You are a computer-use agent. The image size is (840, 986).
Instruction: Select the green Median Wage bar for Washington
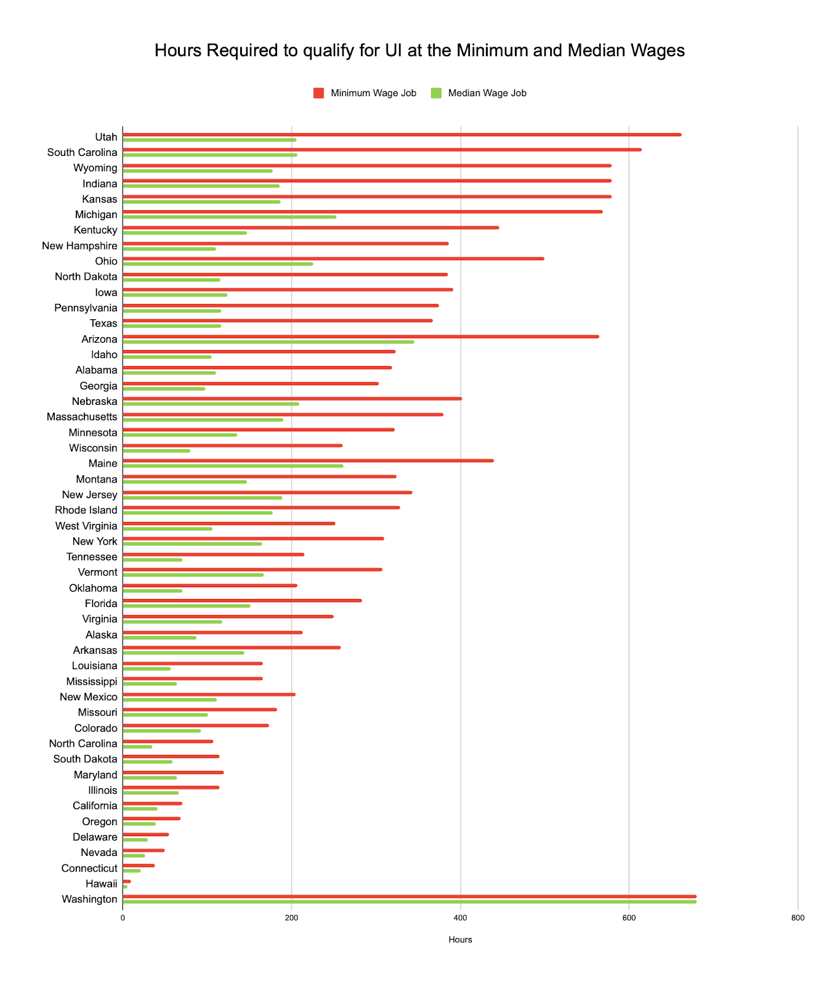click(410, 902)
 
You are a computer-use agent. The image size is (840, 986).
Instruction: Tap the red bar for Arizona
click(360, 336)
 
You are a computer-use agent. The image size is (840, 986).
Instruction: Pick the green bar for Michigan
click(229, 217)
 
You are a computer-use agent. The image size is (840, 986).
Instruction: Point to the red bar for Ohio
click(333, 259)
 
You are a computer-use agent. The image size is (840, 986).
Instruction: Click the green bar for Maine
click(233, 466)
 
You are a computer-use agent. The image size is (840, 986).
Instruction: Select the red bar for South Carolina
click(382, 150)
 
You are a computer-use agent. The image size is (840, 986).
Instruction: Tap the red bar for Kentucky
click(310, 227)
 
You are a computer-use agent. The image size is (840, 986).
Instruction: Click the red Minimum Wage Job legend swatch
click(318, 93)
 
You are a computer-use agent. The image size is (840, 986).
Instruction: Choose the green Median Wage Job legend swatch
click(436, 93)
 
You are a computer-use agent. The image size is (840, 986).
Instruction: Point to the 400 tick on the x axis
click(460, 918)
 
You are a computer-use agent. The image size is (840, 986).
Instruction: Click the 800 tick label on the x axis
click(798, 918)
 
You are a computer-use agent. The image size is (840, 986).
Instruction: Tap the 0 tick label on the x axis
click(123, 918)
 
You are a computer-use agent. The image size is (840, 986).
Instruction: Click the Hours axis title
click(460, 940)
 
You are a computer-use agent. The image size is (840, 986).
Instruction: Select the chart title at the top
click(419, 51)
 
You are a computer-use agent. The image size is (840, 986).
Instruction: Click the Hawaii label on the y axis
click(102, 884)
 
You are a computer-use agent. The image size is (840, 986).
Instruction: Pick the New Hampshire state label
click(79, 246)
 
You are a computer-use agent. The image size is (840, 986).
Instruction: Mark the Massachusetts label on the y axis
click(82, 417)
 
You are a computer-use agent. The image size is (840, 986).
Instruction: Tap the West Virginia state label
click(86, 526)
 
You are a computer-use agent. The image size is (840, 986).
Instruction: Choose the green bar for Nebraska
click(211, 404)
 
